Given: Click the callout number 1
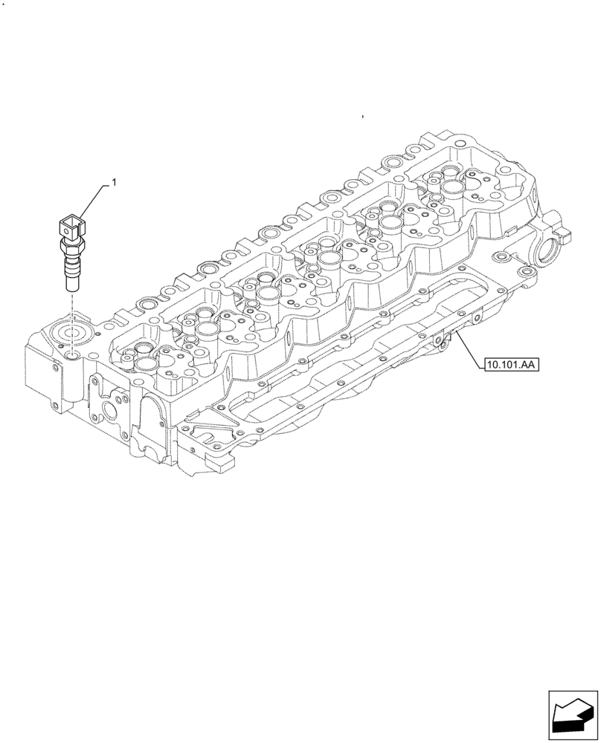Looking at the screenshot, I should tap(114, 181).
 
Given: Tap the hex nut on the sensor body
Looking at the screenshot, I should tap(72, 246).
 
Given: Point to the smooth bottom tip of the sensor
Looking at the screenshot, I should tap(71, 283).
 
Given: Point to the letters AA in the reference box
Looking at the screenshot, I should tap(530, 364).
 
